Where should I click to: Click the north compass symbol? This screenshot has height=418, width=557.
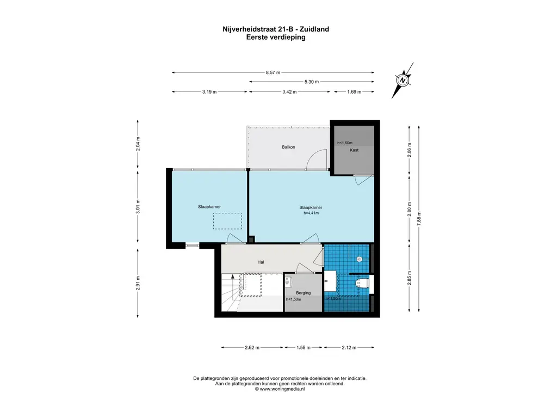(x=403, y=81)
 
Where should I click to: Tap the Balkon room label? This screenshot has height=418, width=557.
(x=288, y=147)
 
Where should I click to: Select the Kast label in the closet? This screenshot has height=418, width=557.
(x=354, y=150)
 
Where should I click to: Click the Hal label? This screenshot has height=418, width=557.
(x=261, y=262)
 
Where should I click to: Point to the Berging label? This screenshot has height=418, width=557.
(x=304, y=293)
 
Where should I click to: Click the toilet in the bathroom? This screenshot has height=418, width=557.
(x=362, y=283)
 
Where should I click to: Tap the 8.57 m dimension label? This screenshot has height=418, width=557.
(x=273, y=72)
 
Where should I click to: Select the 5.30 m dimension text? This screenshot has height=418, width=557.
(x=312, y=82)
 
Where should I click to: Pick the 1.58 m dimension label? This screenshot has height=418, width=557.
(x=304, y=348)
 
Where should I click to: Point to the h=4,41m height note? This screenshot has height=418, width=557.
(x=311, y=213)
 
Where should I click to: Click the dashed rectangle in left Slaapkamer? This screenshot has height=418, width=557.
(x=227, y=221)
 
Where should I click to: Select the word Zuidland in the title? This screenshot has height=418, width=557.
(x=314, y=29)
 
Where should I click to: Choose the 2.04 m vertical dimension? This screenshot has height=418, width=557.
(x=138, y=144)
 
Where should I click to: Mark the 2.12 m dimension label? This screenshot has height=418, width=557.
(x=349, y=348)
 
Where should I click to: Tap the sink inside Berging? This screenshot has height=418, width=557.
(x=288, y=282)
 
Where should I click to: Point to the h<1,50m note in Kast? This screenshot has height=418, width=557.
(x=344, y=143)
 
